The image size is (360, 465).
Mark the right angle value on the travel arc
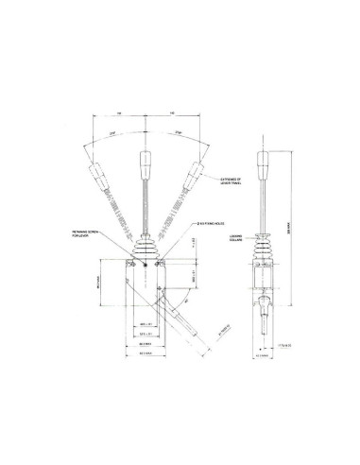click(x=179, y=134)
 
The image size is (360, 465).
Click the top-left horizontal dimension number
click(x=120, y=112)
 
